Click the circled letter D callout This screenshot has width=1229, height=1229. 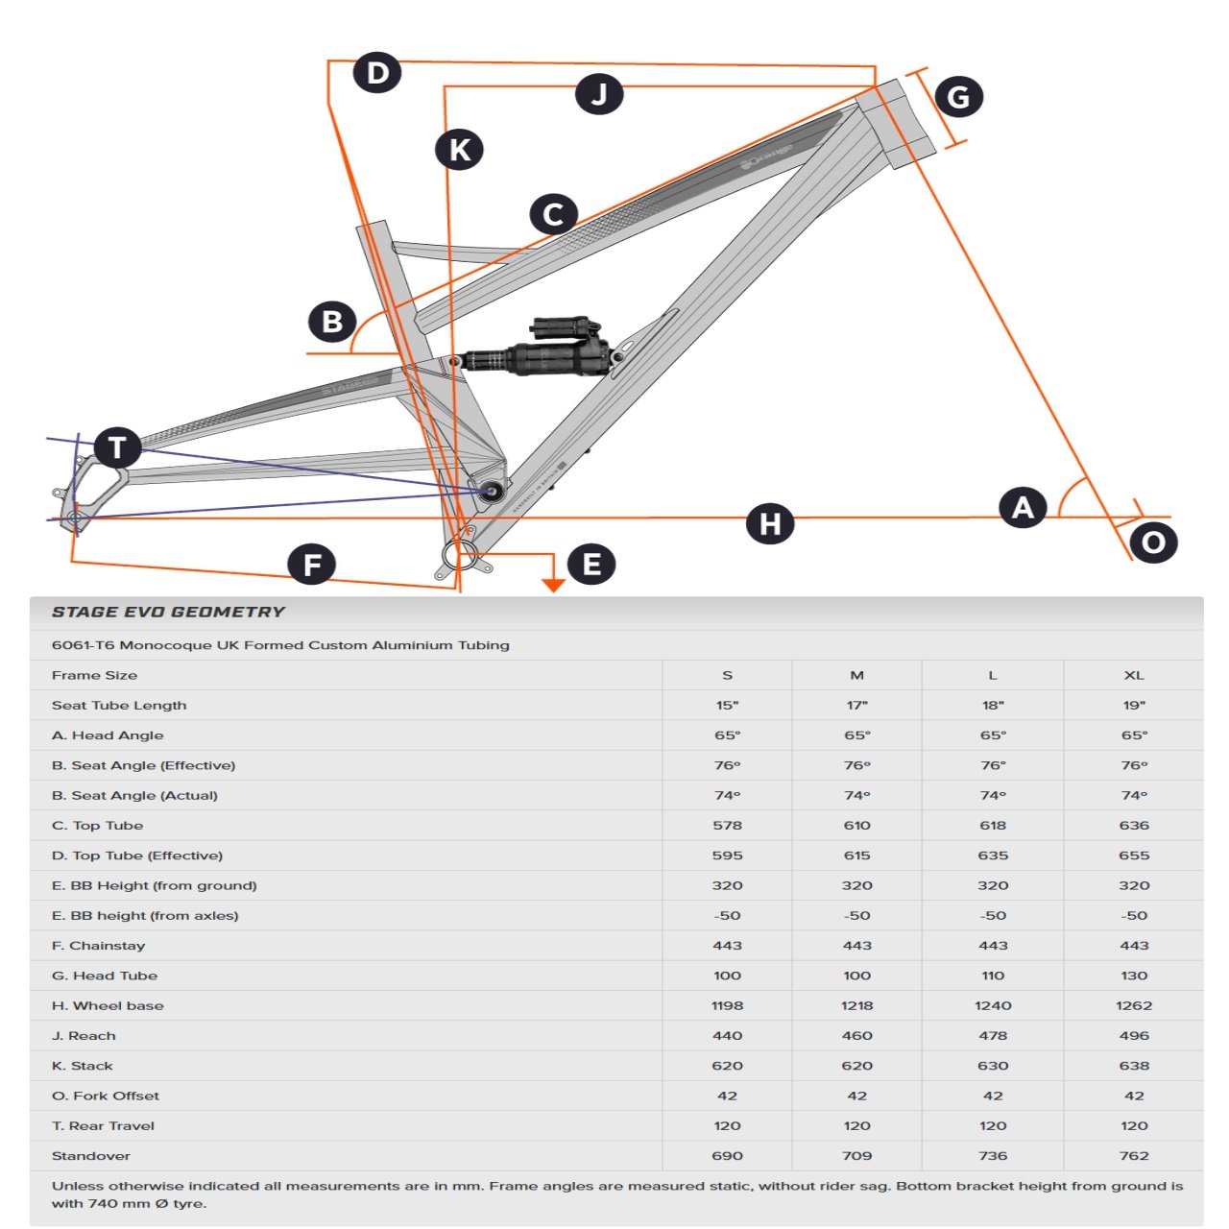pos(376,73)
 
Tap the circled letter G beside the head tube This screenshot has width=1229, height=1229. pos(958,97)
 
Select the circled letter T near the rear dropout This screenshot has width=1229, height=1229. pos(117,447)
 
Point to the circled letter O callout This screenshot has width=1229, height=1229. pos(1153,542)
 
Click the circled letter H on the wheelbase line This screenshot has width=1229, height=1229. pos(770,524)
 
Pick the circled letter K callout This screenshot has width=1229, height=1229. pos(459,150)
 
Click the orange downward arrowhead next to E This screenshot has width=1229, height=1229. pos(553,585)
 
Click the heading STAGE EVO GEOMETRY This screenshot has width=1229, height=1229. pos(168,612)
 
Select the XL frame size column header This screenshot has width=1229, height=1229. pos(1134,675)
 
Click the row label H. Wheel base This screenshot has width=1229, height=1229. pos(108,1005)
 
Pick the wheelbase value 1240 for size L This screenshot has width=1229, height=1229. pos(993,1005)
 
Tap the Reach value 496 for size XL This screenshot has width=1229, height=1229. pos(1134,1035)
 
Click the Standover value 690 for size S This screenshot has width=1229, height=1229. pos(727,1155)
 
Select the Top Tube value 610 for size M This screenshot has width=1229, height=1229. pos(856,825)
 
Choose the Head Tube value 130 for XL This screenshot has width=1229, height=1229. pos(1134,976)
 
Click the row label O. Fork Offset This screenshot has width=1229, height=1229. pos(106,1096)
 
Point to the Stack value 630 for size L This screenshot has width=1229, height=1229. pos(993,1066)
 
